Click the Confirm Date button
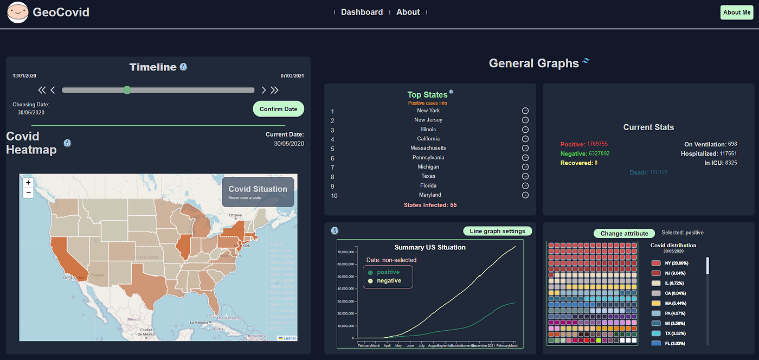pyautogui.click(x=278, y=109)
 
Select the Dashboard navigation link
pyautogui.click(x=362, y=12)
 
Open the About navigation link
pyautogui.click(x=408, y=12)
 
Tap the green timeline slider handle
pyautogui.click(x=127, y=90)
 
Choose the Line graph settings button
pyautogui.click(x=497, y=231)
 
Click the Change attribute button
pyautogui.click(x=624, y=234)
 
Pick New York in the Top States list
pyautogui.click(x=428, y=111)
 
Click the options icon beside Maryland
pyautogui.click(x=525, y=195)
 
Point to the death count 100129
pyautogui.click(x=659, y=172)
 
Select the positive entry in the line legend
pyautogui.click(x=388, y=272)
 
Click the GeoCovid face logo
pyautogui.click(x=18, y=12)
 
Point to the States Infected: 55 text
pyautogui.click(x=430, y=205)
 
